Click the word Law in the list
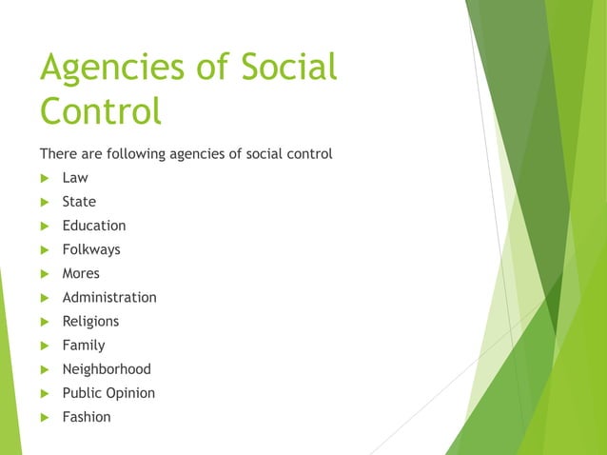75,178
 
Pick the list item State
79,202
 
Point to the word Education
94,226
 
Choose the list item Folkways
91,249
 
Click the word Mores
81,273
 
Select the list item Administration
109,297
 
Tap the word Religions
90,321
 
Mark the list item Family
84,345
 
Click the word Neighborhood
107,368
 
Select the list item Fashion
87,416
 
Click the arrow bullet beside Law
44,178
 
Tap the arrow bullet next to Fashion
44,417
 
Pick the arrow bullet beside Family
44,346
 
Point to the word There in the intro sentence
56,153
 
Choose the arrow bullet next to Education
44,226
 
